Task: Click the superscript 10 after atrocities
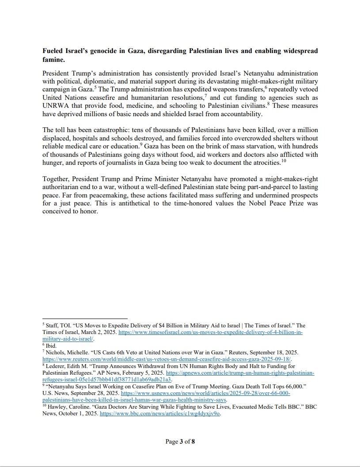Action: point(284,160)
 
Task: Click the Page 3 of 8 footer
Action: point(180,441)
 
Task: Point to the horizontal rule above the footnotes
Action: point(85,319)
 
